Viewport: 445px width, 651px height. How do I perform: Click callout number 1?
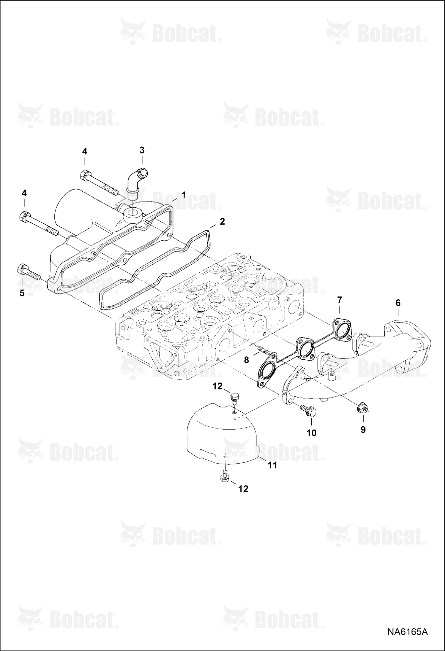(x=184, y=195)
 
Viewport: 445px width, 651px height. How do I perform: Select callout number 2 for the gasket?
(x=222, y=222)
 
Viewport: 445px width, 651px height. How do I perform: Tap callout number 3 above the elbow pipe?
(x=142, y=150)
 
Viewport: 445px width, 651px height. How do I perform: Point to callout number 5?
(x=22, y=293)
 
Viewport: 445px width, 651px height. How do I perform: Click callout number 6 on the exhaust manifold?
(x=398, y=303)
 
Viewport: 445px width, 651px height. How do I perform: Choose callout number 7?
(x=340, y=300)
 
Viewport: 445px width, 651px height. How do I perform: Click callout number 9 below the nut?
(x=363, y=430)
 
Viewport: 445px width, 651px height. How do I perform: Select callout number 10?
(x=311, y=433)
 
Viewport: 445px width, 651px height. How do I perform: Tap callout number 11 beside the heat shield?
(x=272, y=465)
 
